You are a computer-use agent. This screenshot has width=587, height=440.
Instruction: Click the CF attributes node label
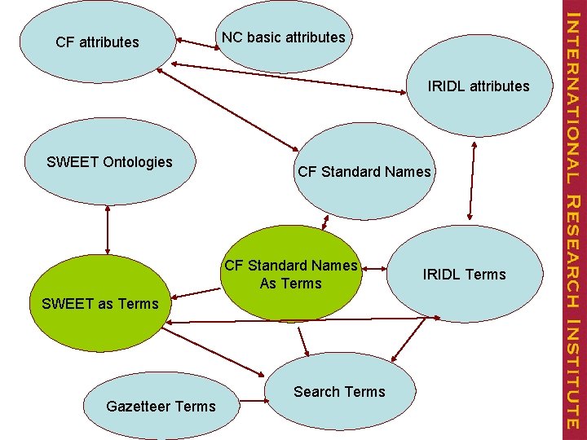click(x=97, y=42)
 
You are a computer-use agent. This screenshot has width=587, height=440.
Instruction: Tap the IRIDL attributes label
click(x=479, y=86)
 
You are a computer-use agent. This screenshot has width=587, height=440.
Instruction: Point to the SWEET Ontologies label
click(x=109, y=162)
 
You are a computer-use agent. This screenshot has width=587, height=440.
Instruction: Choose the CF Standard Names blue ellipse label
click(x=364, y=172)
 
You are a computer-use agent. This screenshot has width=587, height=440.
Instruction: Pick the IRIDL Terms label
click(x=464, y=275)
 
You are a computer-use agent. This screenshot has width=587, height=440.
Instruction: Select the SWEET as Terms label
click(x=99, y=304)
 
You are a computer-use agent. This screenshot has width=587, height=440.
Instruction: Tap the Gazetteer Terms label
click(x=161, y=406)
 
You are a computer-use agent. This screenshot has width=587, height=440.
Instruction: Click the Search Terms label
click(x=339, y=392)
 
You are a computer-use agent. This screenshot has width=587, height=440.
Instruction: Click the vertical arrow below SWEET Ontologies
click(x=108, y=230)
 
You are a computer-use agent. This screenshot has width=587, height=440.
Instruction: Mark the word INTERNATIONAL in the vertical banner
click(x=572, y=96)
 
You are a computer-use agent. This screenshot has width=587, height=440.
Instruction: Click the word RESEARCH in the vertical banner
click(x=572, y=252)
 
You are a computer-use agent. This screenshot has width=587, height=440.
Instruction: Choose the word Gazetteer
click(x=139, y=406)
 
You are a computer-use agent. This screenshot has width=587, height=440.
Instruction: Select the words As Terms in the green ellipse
click(x=291, y=284)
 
